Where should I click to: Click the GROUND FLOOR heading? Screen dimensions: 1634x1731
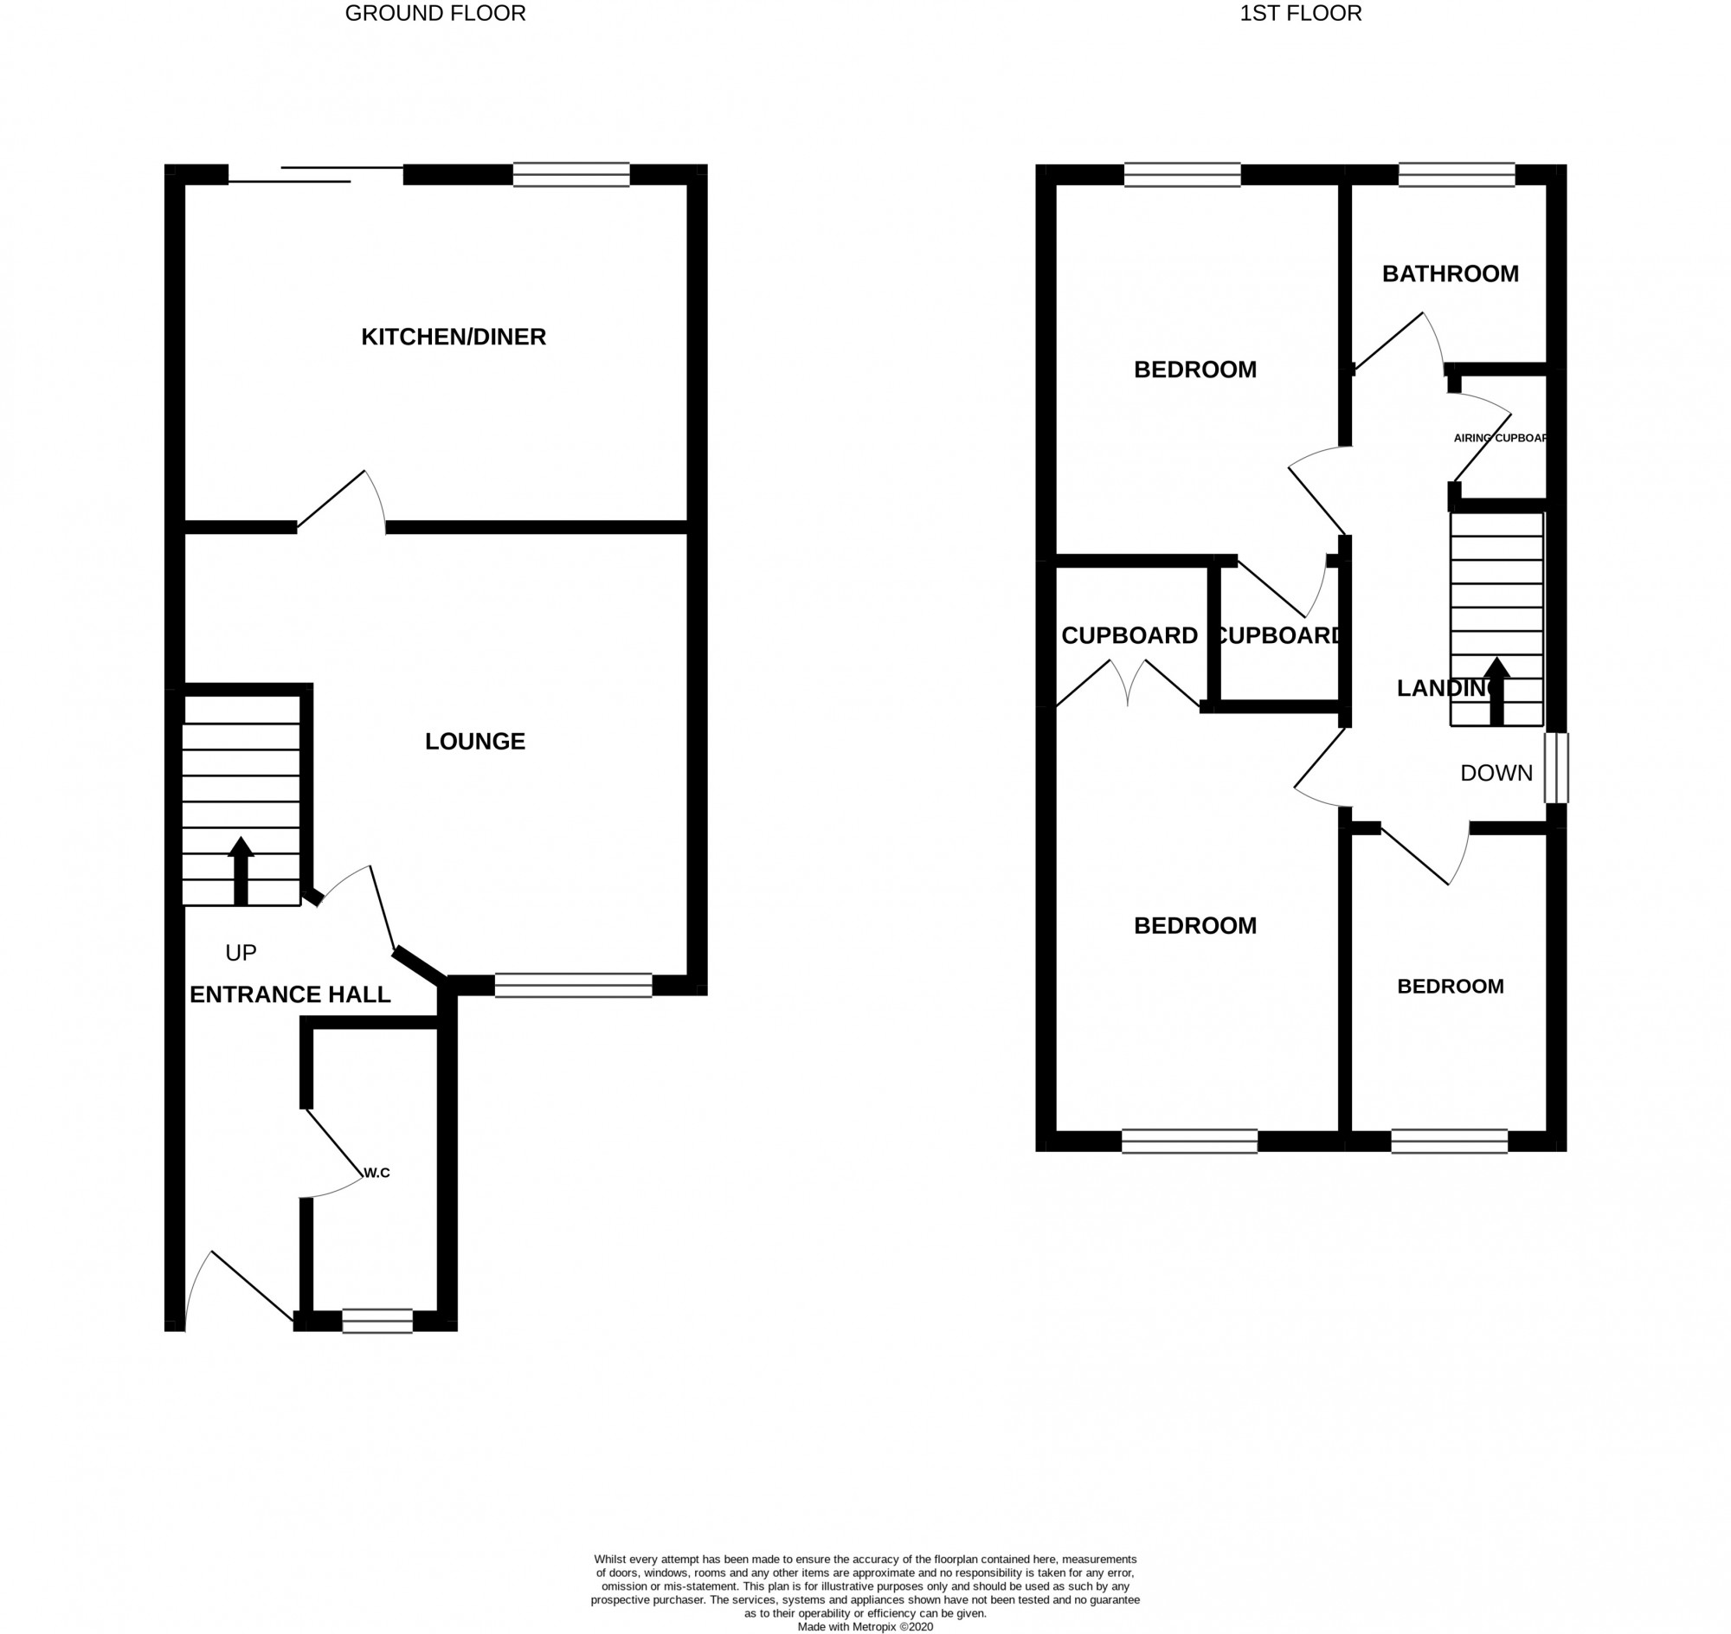(x=434, y=13)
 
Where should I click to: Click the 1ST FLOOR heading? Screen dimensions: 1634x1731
(x=1300, y=13)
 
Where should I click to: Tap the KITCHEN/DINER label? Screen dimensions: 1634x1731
(x=453, y=337)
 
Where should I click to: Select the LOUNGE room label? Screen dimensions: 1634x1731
(x=475, y=741)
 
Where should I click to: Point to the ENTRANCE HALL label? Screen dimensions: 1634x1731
(x=290, y=994)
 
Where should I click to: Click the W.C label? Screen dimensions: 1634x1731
(x=376, y=1174)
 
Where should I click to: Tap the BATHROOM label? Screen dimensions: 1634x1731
(x=1450, y=274)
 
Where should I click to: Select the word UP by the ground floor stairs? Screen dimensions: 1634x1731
(x=241, y=953)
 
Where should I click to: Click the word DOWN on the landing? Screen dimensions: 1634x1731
(x=1496, y=773)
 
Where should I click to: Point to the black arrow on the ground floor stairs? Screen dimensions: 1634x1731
(x=241, y=870)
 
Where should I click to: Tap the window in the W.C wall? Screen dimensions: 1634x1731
(x=377, y=1321)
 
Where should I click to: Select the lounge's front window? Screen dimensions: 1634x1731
(x=573, y=984)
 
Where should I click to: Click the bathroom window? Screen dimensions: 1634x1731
(x=1457, y=175)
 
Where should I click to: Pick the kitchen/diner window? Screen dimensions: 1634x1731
(x=570, y=175)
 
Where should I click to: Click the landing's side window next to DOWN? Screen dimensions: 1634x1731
(x=1556, y=768)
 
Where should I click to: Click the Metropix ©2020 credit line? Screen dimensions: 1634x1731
(x=864, y=1626)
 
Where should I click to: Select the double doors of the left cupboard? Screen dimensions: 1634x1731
(x=1129, y=685)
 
